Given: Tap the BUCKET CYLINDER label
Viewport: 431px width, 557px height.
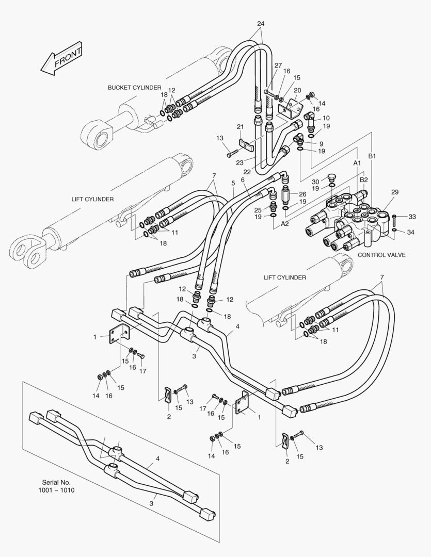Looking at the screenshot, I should click(134, 88).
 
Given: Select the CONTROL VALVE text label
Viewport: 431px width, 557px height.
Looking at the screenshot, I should click(381, 255).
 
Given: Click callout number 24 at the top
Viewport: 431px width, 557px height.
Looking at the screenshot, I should click(260, 24).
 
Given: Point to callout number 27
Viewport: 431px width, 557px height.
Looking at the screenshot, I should click(278, 65).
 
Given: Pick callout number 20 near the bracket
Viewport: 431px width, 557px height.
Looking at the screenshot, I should click(297, 90).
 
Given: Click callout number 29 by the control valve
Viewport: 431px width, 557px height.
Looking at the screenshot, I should click(394, 192).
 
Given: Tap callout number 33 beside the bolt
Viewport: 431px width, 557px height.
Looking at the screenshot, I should click(412, 216).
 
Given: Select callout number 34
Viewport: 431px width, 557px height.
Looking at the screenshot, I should click(411, 233).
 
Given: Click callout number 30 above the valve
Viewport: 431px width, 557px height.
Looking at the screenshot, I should click(315, 182).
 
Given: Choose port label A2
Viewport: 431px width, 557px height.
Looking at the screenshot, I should click(284, 224).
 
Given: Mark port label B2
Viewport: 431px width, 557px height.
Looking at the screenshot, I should click(363, 179).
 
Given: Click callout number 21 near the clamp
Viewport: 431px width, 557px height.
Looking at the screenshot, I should click(240, 127).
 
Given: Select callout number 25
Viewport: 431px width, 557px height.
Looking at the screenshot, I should click(258, 209).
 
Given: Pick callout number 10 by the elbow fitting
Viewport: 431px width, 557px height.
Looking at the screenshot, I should click(326, 118).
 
